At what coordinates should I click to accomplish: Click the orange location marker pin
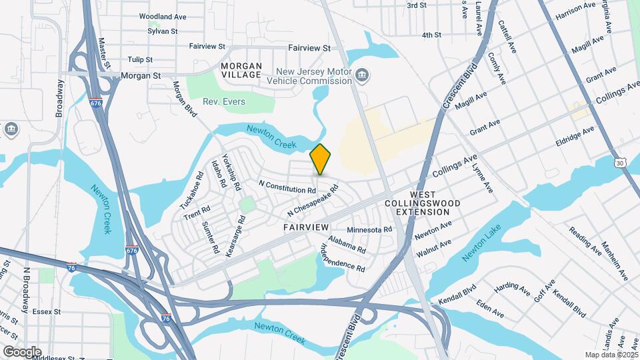(x=321, y=159)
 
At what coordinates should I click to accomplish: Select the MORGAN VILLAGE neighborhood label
(x=241, y=70)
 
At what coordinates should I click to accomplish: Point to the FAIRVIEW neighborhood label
(x=306, y=227)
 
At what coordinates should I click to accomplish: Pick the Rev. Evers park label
(x=225, y=101)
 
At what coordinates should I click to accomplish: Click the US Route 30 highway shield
(x=621, y=162)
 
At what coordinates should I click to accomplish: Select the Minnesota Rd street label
(x=369, y=229)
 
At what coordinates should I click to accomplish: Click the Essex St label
(x=47, y=311)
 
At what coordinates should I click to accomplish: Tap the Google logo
(x=21, y=351)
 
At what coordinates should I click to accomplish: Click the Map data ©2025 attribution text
(x=610, y=355)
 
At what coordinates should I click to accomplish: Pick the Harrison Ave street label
(x=575, y=11)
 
